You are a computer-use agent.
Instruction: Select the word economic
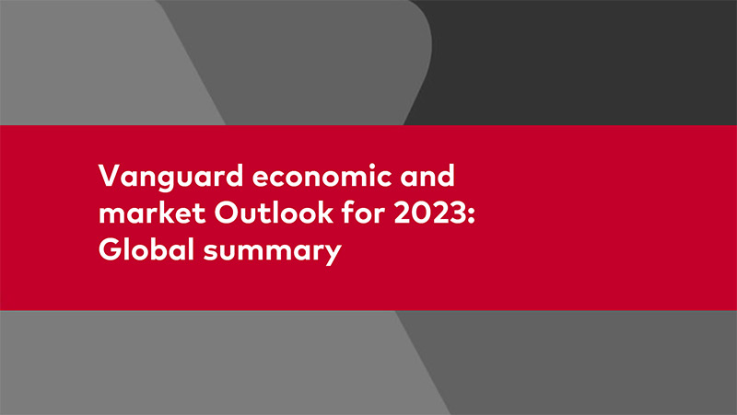click(322, 175)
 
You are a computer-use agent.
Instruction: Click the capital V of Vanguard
click(111, 176)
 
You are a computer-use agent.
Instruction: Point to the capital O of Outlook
click(228, 213)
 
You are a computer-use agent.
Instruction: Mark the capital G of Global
click(110, 249)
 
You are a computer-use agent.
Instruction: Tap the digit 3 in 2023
click(457, 213)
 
